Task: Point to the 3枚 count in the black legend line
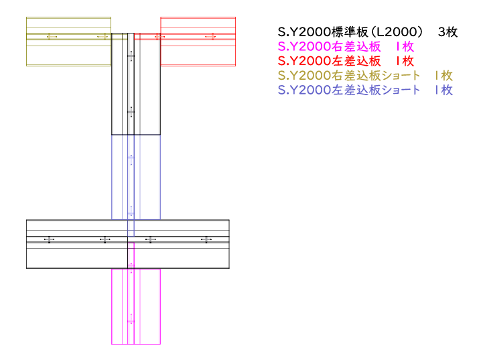pyautogui.click(x=448, y=32)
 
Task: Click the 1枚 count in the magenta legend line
pyautogui.click(x=405, y=47)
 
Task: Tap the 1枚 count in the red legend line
pyautogui.click(x=405, y=61)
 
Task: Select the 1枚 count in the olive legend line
pyautogui.click(x=444, y=76)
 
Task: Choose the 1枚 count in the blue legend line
pyautogui.click(x=444, y=90)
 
